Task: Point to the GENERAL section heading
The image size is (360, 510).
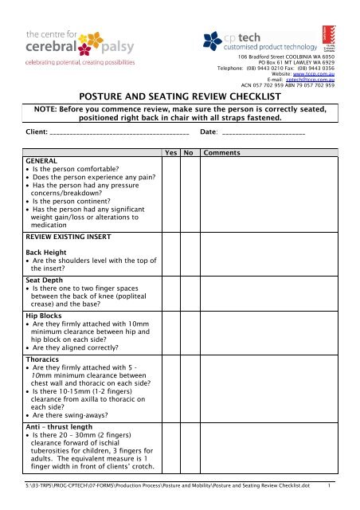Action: click(42, 159)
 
